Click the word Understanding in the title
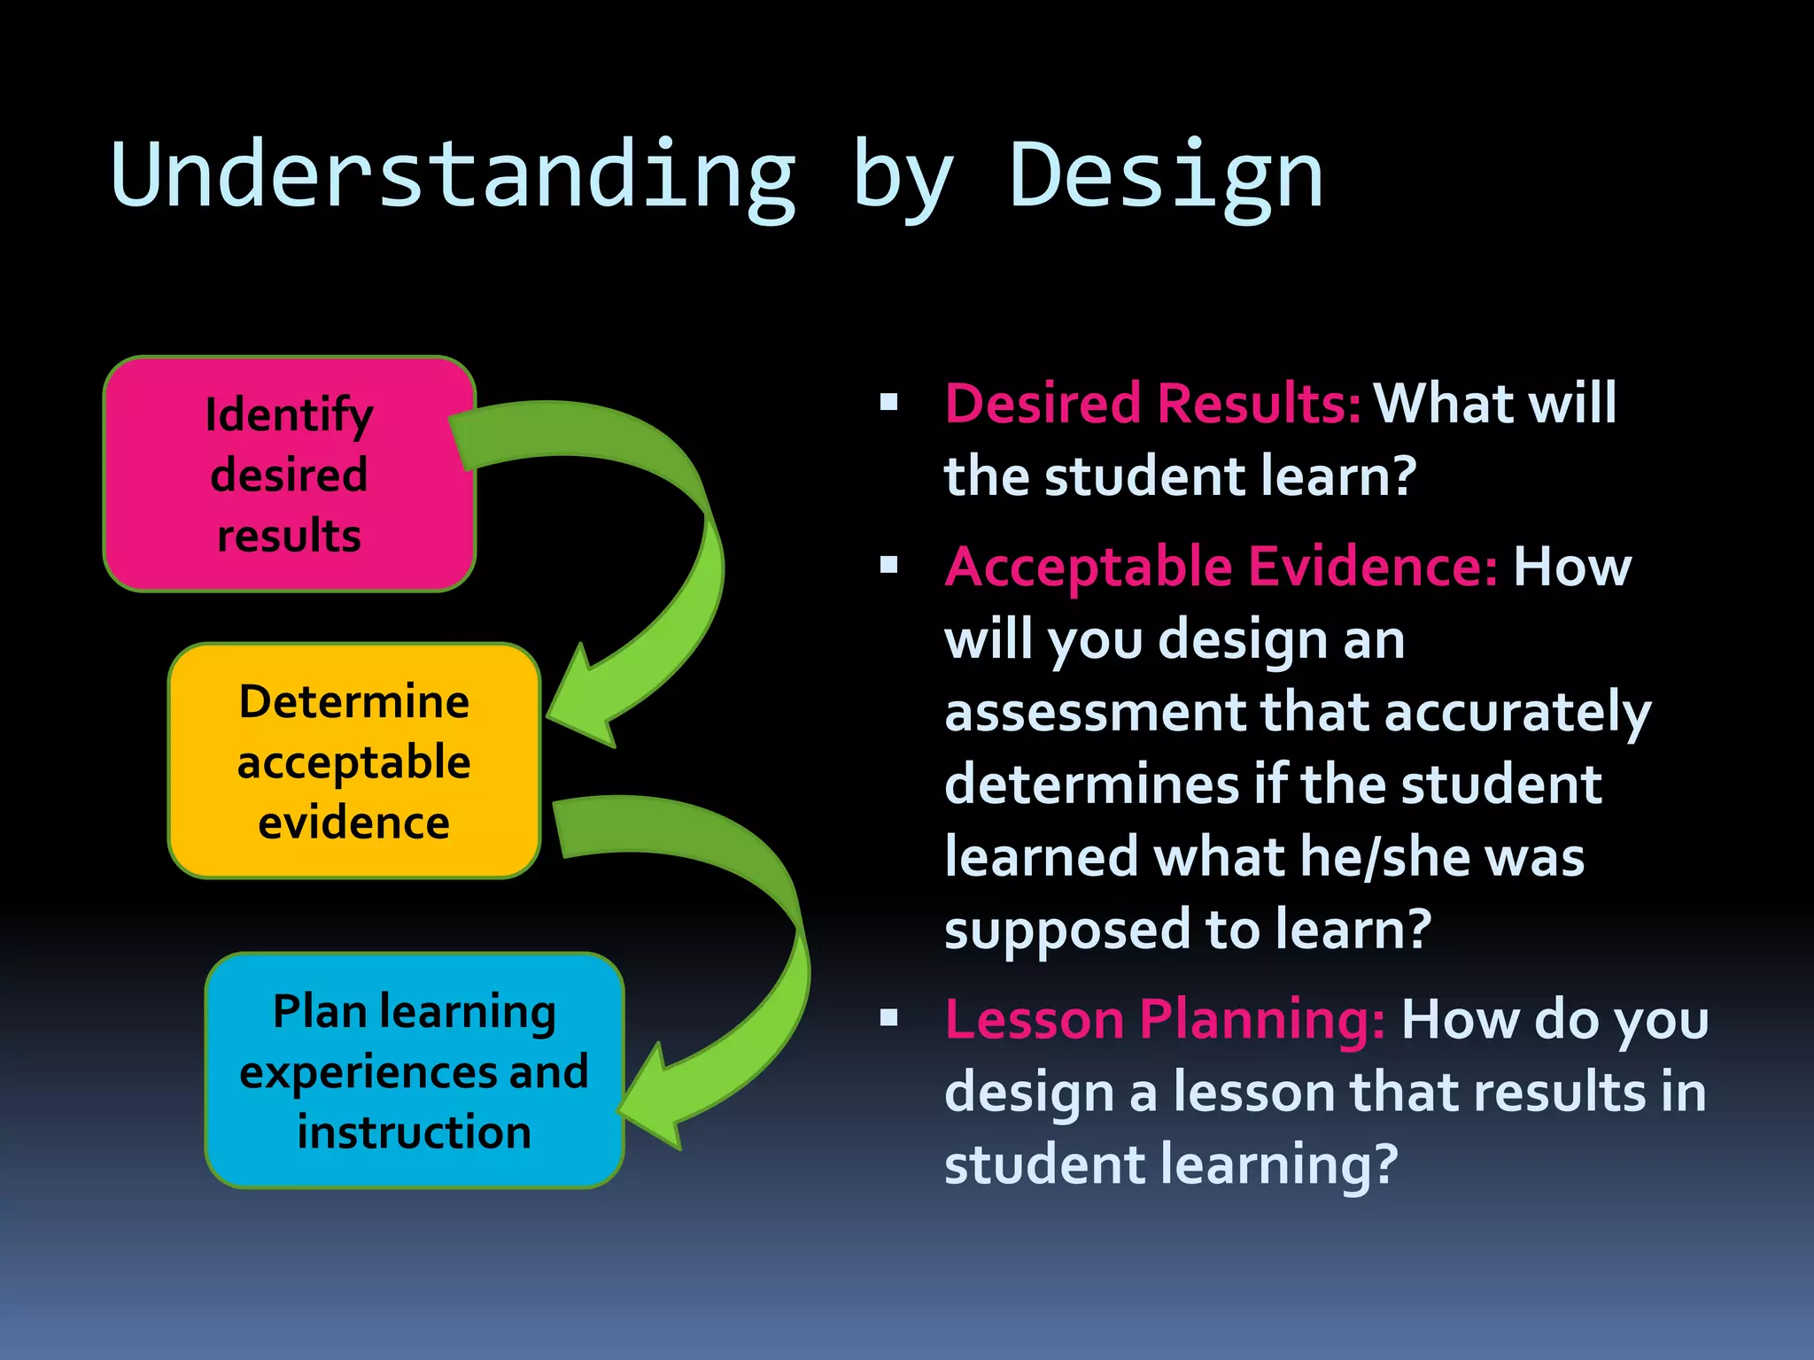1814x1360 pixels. pyautogui.click(x=452, y=175)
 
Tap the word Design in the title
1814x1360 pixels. pyautogui.click(x=1166, y=175)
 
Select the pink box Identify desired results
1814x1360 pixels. pyautogui.click(x=290, y=475)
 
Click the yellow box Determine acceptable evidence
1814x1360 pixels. pyautogui.click(x=354, y=761)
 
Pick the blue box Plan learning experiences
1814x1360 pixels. pyautogui.click(x=414, y=1071)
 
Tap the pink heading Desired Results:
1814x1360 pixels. pyautogui.click(x=1151, y=404)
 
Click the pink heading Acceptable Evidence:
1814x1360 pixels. pyautogui.click(x=1221, y=567)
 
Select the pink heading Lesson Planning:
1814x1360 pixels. pyautogui.click(x=1164, y=1020)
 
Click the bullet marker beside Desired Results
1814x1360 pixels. pyautogui.click(x=888, y=404)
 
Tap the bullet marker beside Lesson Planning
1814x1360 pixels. pyautogui.click(x=888, y=1018)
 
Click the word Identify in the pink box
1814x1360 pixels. pyautogui.click(x=289, y=415)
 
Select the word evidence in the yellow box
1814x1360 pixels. pyautogui.click(x=353, y=823)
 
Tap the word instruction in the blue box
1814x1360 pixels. pyautogui.click(x=414, y=1132)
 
